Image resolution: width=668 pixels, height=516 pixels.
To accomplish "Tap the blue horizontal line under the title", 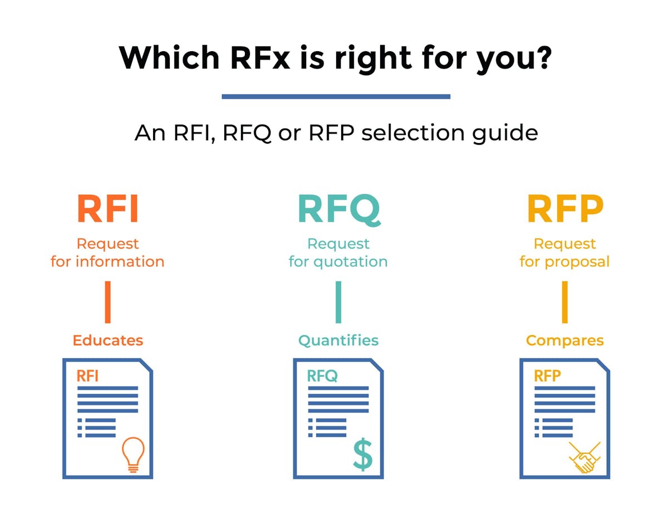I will (336, 96).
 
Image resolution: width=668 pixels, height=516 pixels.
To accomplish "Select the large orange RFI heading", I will (107, 209).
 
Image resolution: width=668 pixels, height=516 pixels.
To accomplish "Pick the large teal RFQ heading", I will (338, 209).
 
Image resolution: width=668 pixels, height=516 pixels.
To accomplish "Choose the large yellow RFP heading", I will (564, 209).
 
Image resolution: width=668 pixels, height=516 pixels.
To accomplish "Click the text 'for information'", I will (107, 262).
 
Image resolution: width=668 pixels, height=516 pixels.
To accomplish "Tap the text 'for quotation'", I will (338, 262).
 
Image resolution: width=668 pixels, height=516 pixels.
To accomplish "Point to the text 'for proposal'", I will (564, 262).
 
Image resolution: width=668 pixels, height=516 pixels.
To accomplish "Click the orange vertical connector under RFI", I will (107, 302).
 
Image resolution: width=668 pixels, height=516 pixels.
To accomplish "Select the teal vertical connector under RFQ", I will (338, 302).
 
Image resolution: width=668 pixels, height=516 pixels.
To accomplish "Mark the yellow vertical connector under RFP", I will (564, 302).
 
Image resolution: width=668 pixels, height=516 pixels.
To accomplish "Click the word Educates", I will (107, 341).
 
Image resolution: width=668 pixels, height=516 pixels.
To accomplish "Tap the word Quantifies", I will (338, 341).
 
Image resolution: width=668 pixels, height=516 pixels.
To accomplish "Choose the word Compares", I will (564, 341).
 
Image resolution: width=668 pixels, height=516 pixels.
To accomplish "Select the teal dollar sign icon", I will (362, 454).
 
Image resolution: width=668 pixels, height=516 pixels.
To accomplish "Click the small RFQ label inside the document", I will (322, 376).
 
